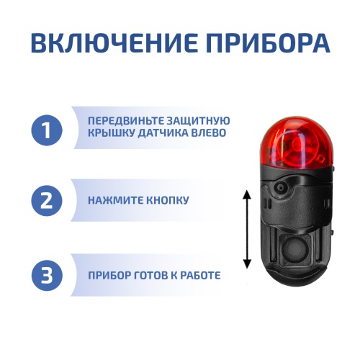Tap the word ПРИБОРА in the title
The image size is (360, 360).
262,42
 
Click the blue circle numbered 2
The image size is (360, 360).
47,199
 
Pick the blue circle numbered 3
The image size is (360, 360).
47,274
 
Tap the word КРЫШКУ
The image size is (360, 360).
108,135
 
